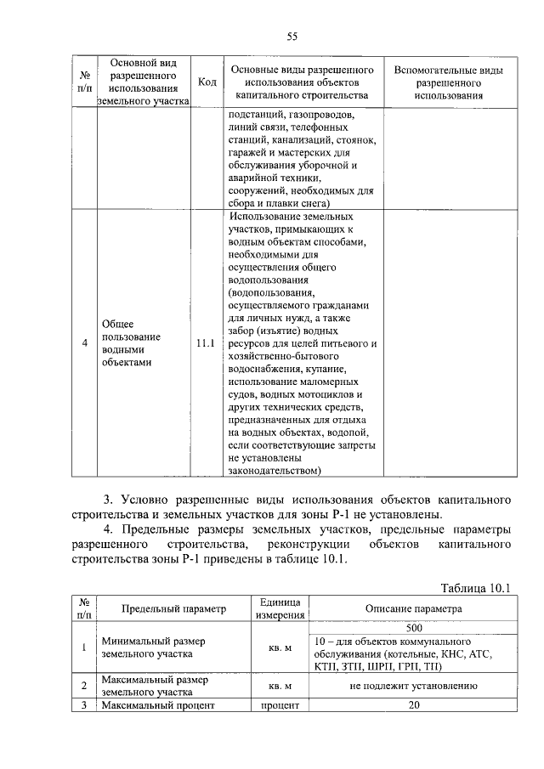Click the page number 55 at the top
tap(292, 35)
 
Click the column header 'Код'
tap(206, 82)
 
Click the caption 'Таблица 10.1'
tap(473, 587)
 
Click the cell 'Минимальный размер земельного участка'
tap(154, 647)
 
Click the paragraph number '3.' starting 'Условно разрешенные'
tap(108, 498)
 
